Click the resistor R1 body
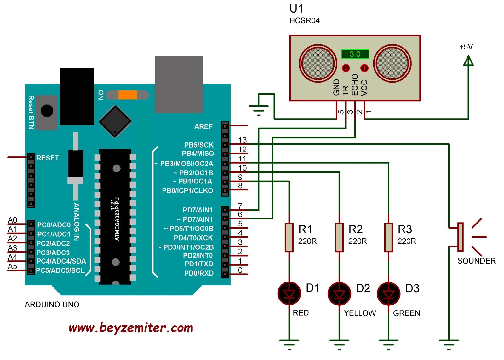coord(289,237)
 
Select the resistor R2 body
coord(339,237)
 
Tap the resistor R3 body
coord(388,237)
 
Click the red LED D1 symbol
coord(289,293)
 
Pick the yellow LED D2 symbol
coord(339,294)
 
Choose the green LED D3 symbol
coord(388,294)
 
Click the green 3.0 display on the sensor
coord(355,54)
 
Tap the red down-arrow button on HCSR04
coord(346,68)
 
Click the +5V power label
coord(466,47)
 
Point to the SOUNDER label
coord(476,261)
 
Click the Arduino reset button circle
coord(47,111)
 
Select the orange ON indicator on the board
coord(128,95)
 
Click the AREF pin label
coord(203,126)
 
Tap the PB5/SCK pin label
coord(199,145)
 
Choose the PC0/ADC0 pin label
coord(54,225)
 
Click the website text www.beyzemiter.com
coord(131,328)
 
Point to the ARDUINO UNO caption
coord(52,305)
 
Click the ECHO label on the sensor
coord(355,85)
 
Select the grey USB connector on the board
coord(179,84)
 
